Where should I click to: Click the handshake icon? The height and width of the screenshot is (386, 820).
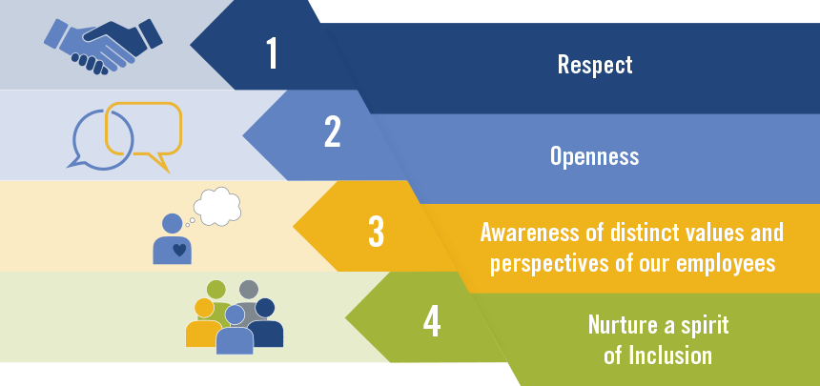[103, 46]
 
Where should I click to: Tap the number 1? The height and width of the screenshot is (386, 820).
[272, 52]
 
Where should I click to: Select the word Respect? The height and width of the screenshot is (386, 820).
[595, 65]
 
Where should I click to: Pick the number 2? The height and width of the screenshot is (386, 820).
[332, 132]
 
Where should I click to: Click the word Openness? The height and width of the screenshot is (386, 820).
[595, 156]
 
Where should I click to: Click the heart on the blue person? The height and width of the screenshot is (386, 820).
[179, 250]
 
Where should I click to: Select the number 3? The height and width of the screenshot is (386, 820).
[376, 232]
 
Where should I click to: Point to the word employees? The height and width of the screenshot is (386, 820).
[726, 263]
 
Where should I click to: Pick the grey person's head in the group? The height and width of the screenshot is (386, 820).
[249, 289]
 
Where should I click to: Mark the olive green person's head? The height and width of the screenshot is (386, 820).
[216, 289]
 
